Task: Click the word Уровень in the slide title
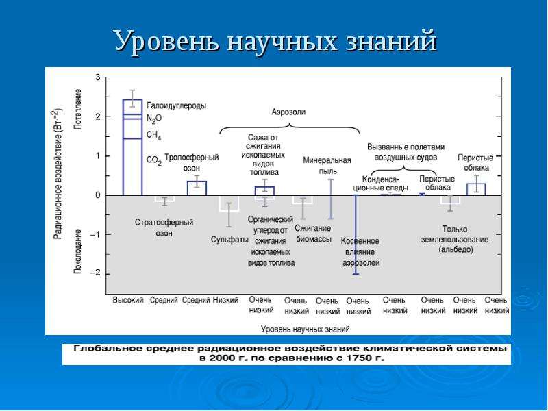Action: [x=167, y=42]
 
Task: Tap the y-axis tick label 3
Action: [x=97, y=77]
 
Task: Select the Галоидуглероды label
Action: [x=177, y=105]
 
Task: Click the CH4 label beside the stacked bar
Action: [x=153, y=135]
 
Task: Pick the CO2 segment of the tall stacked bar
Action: [x=132, y=166]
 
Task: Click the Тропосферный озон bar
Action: [x=197, y=188]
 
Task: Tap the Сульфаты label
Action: [x=229, y=240]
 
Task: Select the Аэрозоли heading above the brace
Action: [x=288, y=112]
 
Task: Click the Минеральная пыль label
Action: [x=327, y=166]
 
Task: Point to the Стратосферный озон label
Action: [x=164, y=227]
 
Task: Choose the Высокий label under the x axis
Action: [x=128, y=300]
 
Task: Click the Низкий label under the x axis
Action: [x=226, y=300]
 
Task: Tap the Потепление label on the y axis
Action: [x=77, y=110]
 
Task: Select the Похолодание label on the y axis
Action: [x=77, y=251]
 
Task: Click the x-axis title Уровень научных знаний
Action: [x=305, y=329]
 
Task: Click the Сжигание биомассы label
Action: [x=313, y=234]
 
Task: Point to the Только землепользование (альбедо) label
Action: [x=455, y=239]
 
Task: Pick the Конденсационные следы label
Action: [x=381, y=184]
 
